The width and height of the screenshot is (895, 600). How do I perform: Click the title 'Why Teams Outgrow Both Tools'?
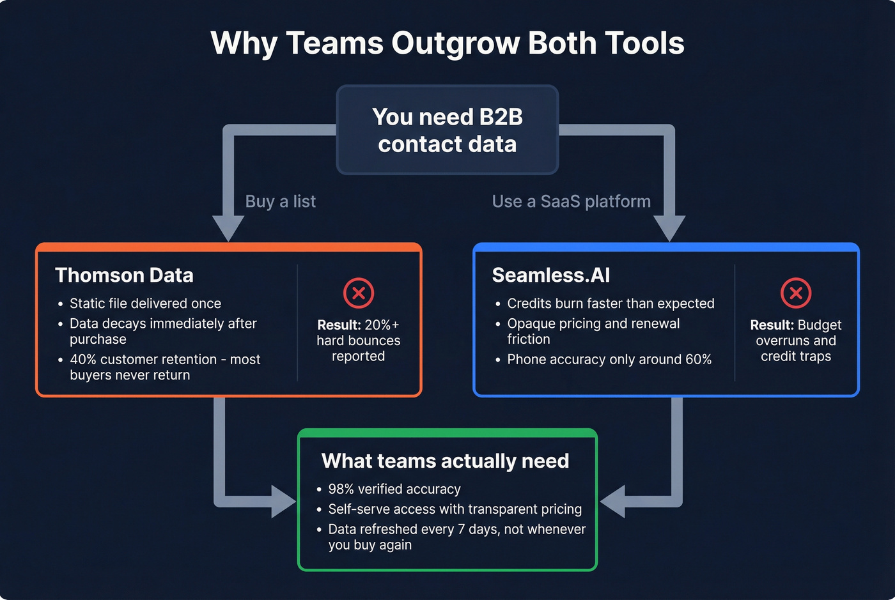coord(447,43)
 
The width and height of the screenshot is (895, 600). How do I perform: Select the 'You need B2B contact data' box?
coord(447,130)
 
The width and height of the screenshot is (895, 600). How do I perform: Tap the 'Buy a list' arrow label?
coord(280,201)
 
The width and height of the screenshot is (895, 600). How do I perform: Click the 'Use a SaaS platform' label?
coord(571,201)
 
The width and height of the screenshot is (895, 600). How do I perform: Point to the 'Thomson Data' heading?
coord(124,275)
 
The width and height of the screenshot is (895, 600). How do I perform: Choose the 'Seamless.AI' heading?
coord(550,275)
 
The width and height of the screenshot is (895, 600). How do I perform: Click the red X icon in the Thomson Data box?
coord(359,293)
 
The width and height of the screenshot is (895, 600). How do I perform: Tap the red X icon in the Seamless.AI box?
coord(796,293)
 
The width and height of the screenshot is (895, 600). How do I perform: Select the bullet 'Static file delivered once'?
coord(145,304)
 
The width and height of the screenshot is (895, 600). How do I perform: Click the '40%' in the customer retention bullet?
coord(83,360)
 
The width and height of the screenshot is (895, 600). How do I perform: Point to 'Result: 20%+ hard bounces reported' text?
coord(358,341)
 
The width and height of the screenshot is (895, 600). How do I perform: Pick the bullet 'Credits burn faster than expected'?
coord(611,304)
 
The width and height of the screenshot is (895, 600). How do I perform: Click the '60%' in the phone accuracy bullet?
coord(698,360)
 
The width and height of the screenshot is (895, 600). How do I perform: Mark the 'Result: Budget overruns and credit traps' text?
coord(796,341)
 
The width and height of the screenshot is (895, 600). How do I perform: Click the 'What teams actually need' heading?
coord(445,461)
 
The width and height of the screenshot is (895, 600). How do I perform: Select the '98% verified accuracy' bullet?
coord(394,489)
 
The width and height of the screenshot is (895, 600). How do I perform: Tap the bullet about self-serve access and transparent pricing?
coord(455,509)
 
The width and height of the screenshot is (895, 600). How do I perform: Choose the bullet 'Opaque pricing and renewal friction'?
coord(593,331)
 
